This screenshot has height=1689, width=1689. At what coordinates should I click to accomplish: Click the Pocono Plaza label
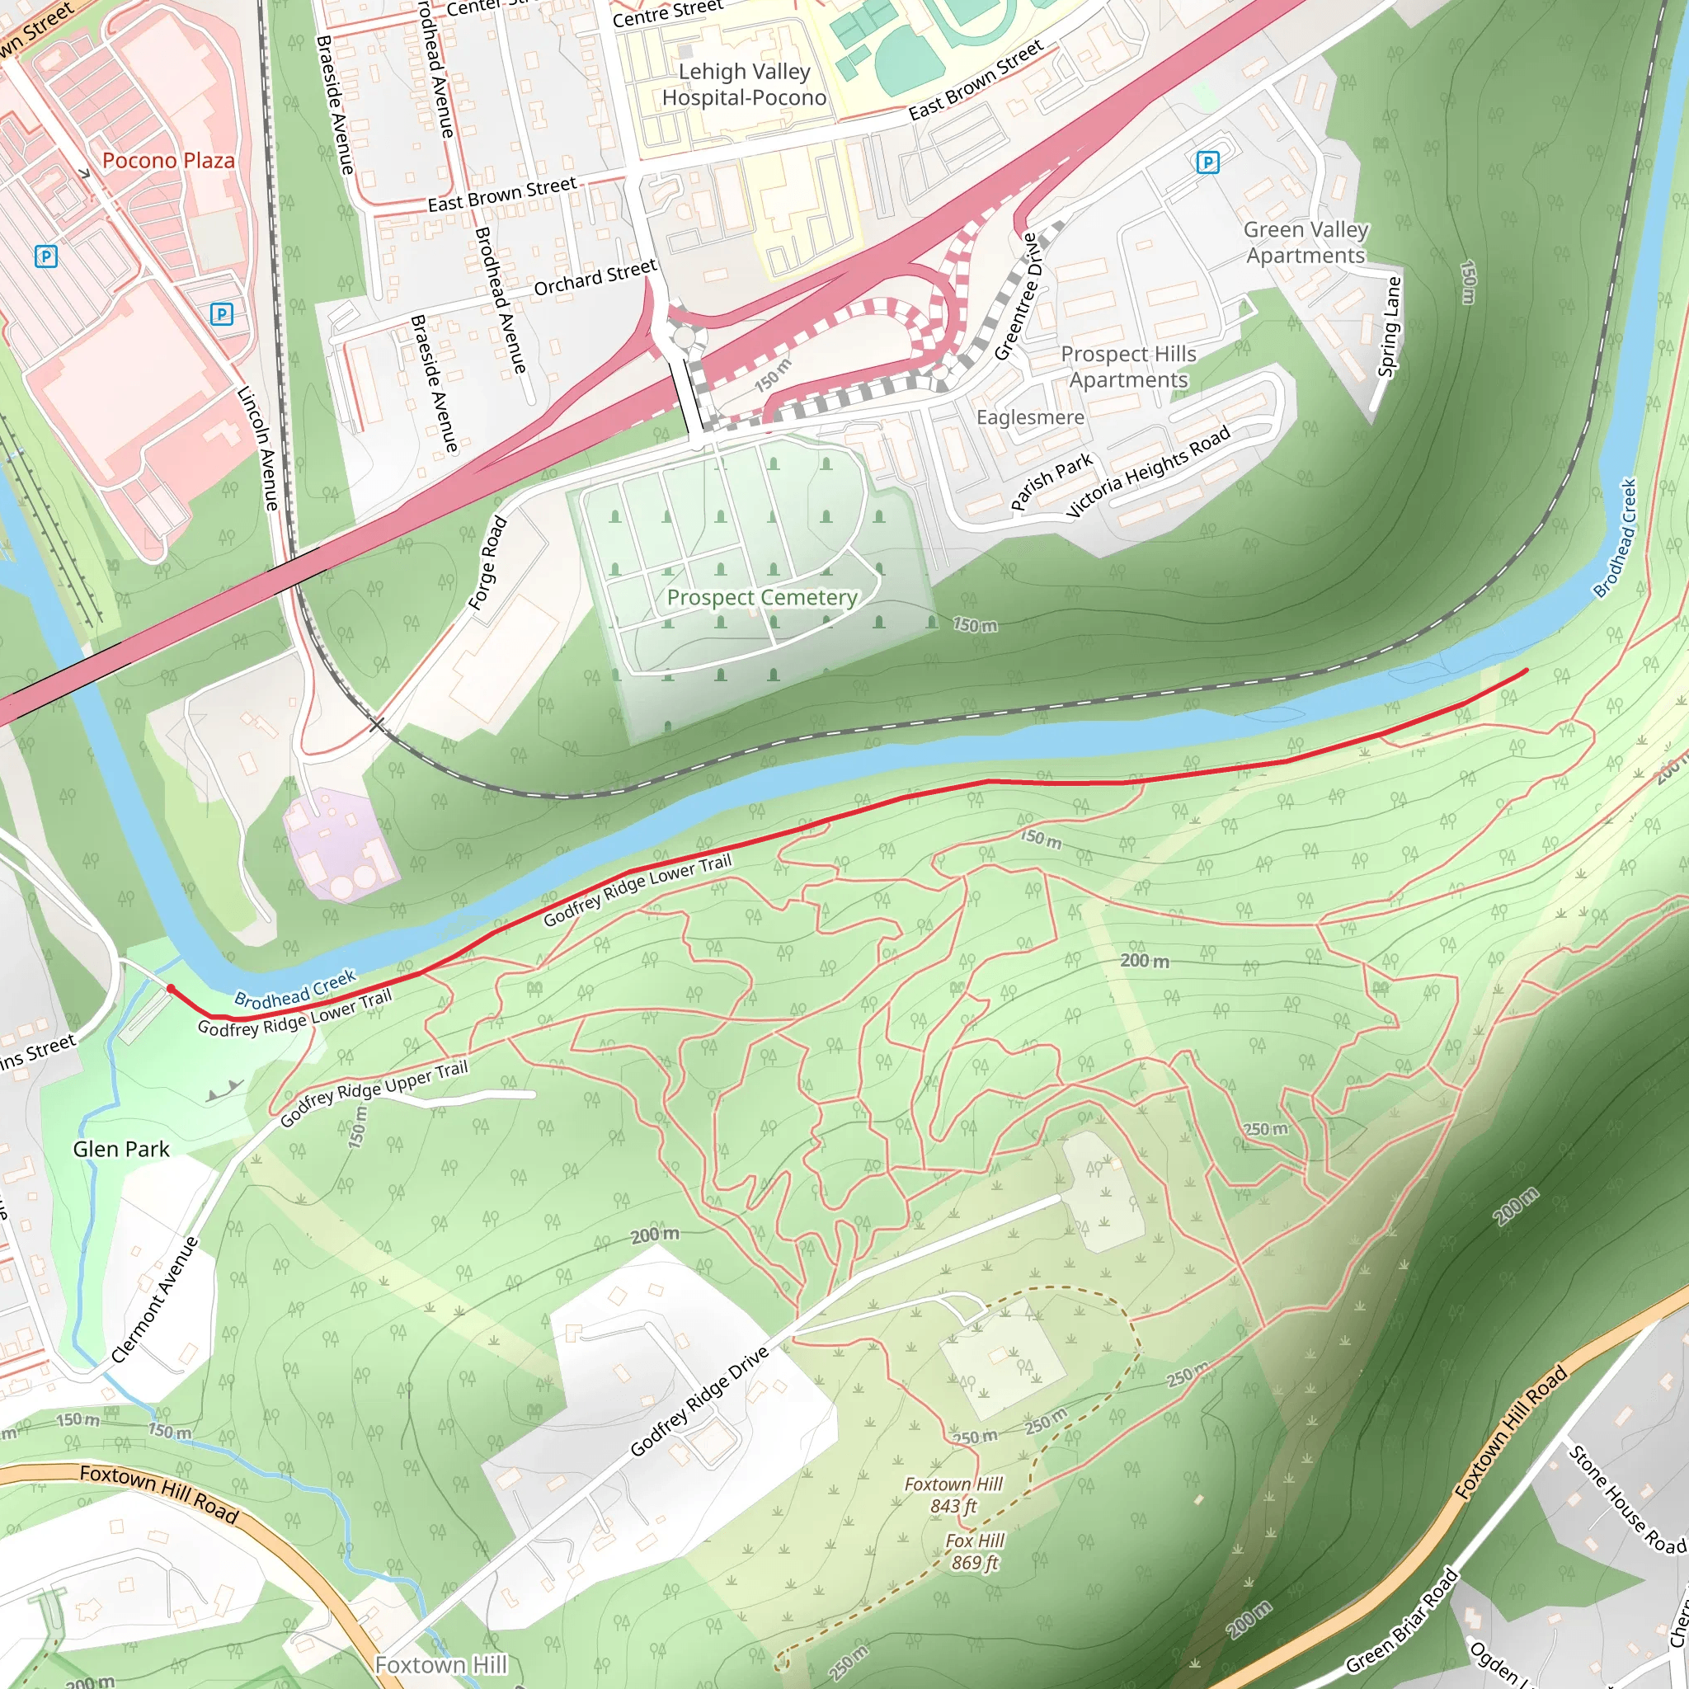tap(169, 161)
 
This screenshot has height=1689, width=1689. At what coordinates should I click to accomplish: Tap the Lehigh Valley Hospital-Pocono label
tap(744, 85)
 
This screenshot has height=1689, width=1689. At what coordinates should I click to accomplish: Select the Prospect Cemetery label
tap(761, 597)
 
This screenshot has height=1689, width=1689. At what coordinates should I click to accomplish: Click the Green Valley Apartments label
tap(1306, 242)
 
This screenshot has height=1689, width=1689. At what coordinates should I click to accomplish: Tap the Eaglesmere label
tap(1030, 418)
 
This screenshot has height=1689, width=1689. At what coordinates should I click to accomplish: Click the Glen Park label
tap(120, 1149)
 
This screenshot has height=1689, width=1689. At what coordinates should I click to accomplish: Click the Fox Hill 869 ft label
tap(975, 1551)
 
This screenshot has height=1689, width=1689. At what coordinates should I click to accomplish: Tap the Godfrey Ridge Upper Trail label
tap(374, 1093)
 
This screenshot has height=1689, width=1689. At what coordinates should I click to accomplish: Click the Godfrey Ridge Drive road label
tap(699, 1401)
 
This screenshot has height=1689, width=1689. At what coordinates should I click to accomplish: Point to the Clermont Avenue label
tap(156, 1299)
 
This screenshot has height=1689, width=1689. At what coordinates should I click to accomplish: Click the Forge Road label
tap(488, 563)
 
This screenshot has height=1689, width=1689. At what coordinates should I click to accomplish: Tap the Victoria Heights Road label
tap(1148, 471)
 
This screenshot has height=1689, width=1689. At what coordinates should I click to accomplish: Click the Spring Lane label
tap(1389, 327)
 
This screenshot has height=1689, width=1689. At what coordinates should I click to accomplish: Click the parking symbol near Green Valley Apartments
tap(1207, 162)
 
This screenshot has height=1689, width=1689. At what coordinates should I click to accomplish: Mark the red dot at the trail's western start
tap(172, 989)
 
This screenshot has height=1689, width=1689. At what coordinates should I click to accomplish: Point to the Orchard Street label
tap(595, 277)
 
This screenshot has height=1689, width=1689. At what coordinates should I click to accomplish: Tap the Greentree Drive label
tap(1016, 296)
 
